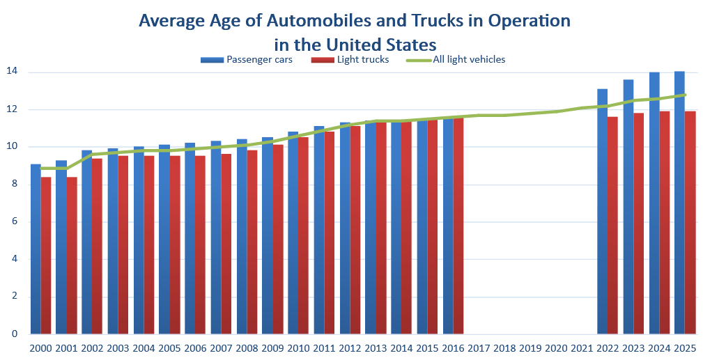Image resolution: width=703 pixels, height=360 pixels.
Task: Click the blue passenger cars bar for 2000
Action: pyautogui.click(x=36, y=251)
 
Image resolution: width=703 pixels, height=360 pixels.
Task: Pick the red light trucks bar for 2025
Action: pyautogui.click(x=690, y=223)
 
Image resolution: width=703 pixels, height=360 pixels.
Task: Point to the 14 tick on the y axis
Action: pyautogui.click(x=12, y=72)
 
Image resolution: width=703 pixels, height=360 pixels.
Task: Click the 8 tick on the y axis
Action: pyautogui.click(x=15, y=185)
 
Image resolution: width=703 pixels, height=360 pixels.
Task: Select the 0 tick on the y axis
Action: pyautogui.click(x=15, y=334)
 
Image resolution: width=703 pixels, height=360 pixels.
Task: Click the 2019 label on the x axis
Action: pyautogui.click(x=530, y=347)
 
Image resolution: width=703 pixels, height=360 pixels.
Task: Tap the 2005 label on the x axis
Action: pyautogui.click(x=169, y=347)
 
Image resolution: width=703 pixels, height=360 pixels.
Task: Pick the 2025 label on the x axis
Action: pyautogui.click(x=685, y=347)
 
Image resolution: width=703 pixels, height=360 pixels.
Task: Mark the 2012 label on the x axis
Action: pyautogui.click(x=350, y=347)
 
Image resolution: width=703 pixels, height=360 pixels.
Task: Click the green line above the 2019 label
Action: pyautogui.click(x=530, y=113)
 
